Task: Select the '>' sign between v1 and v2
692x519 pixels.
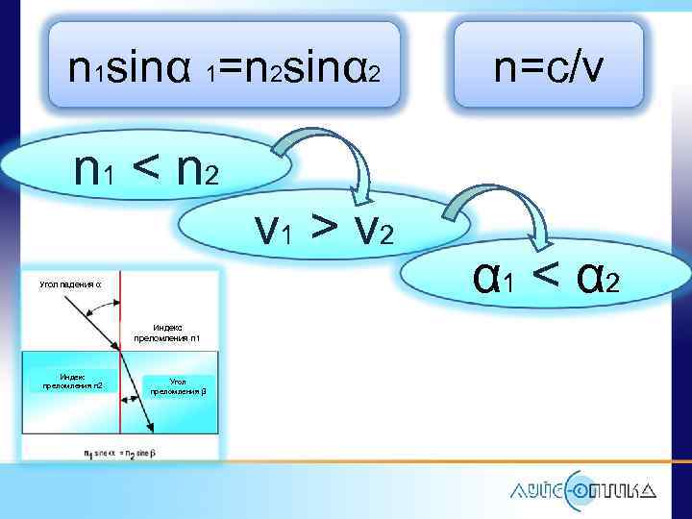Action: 325,225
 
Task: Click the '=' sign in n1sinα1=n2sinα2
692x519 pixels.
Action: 231,66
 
